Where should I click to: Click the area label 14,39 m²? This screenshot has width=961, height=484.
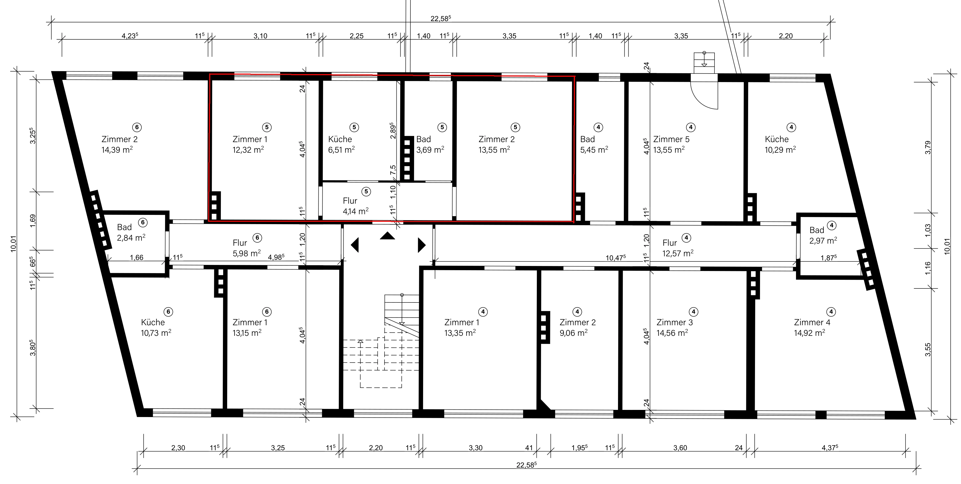click(x=117, y=150)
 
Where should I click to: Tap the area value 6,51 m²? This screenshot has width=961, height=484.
click(x=341, y=150)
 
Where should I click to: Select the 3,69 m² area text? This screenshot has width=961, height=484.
click(x=430, y=150)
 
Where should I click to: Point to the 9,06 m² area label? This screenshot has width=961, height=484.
click(x=573, y=332)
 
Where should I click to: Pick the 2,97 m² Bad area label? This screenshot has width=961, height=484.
click(x=823, y=241)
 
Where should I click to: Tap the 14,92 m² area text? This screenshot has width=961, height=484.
click(x=809, y=332)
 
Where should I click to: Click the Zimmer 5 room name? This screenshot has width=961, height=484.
click(x=671, y=139)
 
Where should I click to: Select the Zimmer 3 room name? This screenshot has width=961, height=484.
click(x=675, y=322)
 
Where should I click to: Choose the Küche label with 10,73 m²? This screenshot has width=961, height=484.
click(x=153, y=322)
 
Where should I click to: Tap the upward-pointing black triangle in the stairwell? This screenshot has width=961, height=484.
click(x=387, y=236)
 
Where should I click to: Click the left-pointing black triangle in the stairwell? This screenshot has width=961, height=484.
click(x=355, y=245)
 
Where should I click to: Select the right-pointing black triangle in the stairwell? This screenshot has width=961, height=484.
click(x=422, y=245)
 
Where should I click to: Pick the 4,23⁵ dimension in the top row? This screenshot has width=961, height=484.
click(x=130, y=36)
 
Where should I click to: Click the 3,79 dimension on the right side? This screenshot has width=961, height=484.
click(x=928, y=147)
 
